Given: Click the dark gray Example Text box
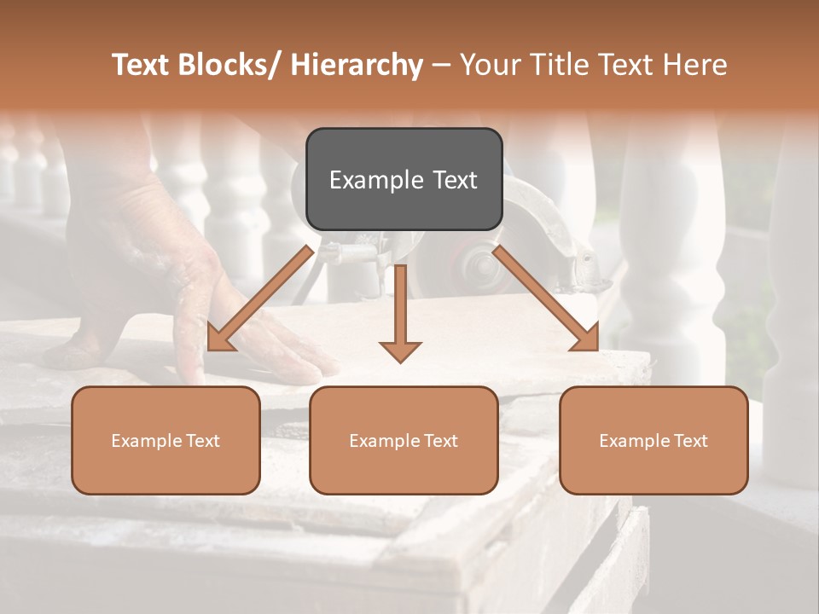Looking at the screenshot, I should (x=404, y=179).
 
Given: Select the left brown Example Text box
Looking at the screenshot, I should (x=166, y=440).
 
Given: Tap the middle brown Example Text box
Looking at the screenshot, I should (x=404, y=440).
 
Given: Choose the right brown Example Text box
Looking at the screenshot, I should (x=653, y=440).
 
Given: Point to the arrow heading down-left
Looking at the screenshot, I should (x=259, y=298).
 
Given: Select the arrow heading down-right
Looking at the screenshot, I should (x=546, y=298).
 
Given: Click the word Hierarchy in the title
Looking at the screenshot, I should (x=357, y=65).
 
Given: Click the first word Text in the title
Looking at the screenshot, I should (x=143, y=65).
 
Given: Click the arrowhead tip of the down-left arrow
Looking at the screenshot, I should (x=210, y=349).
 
